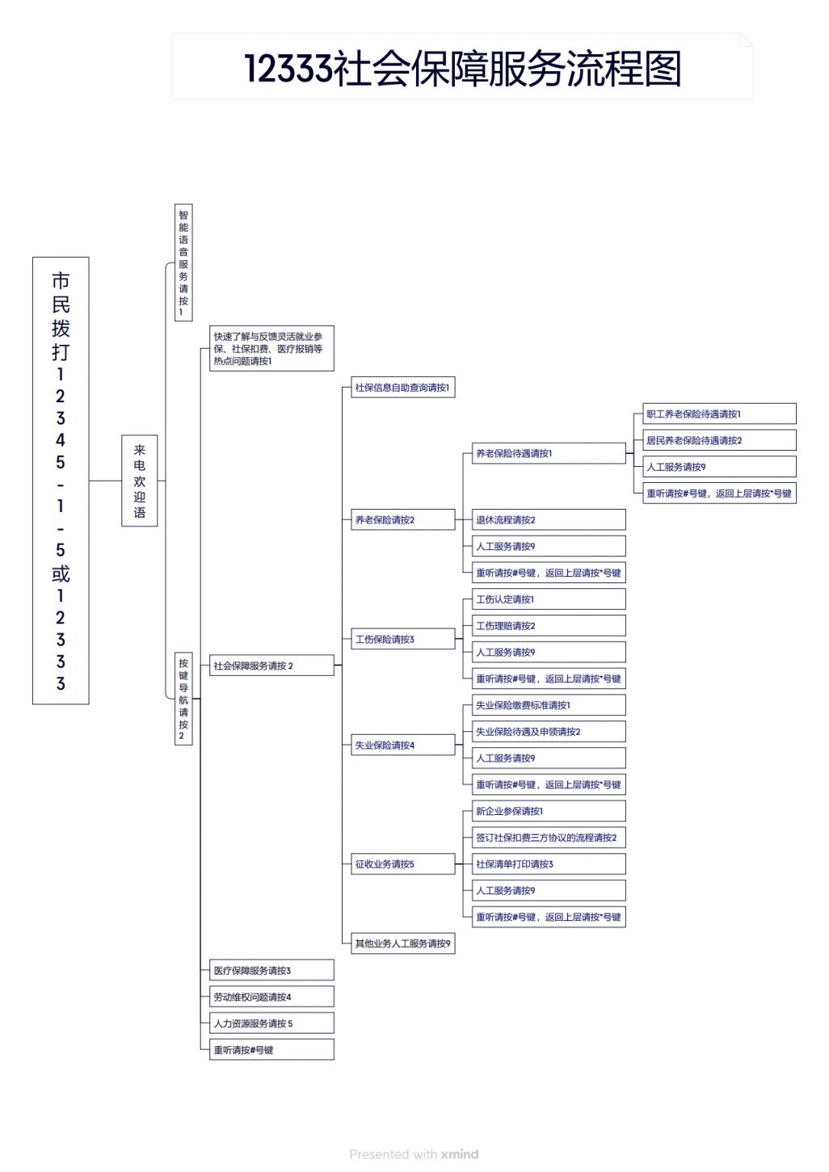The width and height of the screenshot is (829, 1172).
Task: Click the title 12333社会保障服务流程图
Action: [463, 69]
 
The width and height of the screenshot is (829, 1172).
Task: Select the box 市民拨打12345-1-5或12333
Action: [61, 481]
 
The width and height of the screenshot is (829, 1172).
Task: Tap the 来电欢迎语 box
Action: [139, 481]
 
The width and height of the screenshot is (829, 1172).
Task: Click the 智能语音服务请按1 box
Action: [183, 263]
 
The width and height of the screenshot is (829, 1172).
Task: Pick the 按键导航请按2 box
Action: [183, 699]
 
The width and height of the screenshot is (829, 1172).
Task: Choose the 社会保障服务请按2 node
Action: [271, 665]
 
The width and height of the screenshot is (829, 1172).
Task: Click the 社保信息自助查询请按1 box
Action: [402, 387]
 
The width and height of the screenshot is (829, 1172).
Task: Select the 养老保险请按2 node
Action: [402, 519]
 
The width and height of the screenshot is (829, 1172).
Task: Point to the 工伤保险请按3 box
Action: [402, 639]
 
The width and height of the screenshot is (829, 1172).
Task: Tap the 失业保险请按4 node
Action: [402, 745]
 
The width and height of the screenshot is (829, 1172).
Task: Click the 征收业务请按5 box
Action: [402, 863]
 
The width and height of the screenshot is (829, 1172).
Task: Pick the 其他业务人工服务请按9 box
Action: [402, 943]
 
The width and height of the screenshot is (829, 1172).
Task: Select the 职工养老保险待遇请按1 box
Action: [719, 414]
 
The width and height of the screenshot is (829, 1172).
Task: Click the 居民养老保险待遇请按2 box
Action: [719, 440]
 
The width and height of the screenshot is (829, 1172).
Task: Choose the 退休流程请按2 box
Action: [549, 519]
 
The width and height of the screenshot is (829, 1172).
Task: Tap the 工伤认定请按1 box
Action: [549, 599]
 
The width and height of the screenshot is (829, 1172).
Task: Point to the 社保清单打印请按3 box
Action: [549, 863]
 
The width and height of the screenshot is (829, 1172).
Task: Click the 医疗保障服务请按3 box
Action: [271, 970]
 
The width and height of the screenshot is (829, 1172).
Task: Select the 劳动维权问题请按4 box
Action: [271, 997]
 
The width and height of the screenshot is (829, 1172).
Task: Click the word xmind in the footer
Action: [460, 1153]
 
